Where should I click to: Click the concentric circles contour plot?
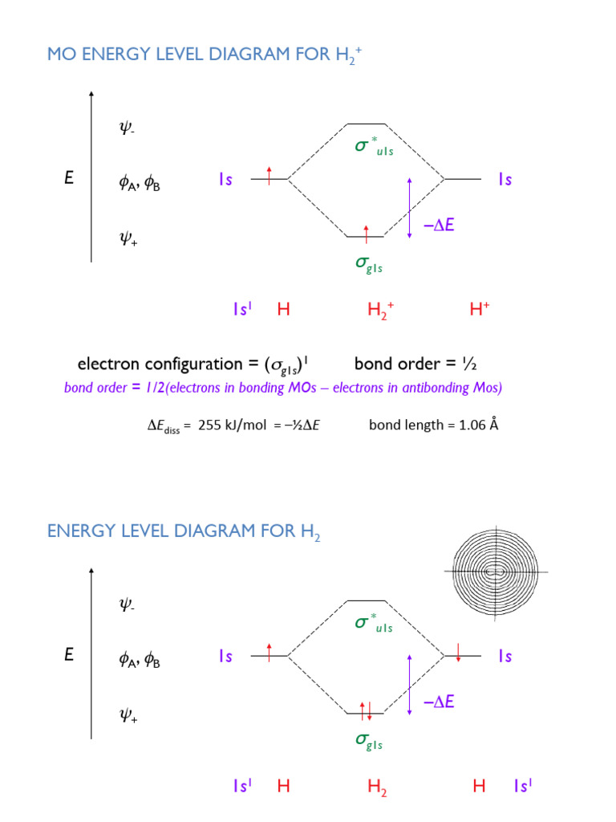[x=496, y=572]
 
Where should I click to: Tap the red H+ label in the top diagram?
[x=480, y=309]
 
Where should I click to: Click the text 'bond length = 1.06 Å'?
[x=433, y=425]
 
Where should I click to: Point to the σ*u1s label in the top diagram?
[x=374, y=147]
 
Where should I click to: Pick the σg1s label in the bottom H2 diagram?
[x=368, y=742]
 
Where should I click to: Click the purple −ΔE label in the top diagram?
[x=439, y=226]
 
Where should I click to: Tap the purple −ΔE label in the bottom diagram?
[x=439, y=702]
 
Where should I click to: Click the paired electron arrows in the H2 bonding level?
[x=366, y=710]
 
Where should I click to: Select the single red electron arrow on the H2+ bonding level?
[x=367, y=234]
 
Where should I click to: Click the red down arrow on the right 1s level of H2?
[x=458, y=652]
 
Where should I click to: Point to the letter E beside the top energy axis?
[x=69, y=179]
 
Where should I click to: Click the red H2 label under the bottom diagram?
[x=377, y=787]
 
